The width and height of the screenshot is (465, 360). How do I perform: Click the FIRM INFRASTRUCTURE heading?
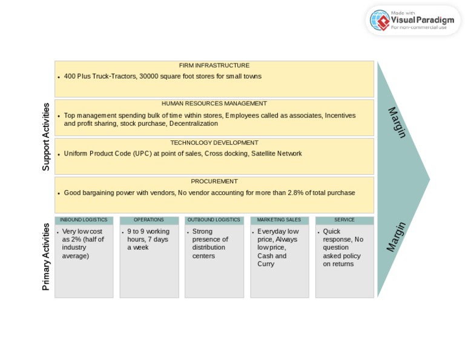[214, 65]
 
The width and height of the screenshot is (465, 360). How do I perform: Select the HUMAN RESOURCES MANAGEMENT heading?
[214, 103]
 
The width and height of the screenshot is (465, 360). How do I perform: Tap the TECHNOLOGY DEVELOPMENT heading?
[214, 143]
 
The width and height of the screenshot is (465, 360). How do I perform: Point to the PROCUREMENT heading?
[214, 182]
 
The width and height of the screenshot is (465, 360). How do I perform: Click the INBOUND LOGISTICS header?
[84, 220]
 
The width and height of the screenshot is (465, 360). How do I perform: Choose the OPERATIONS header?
[149, 220]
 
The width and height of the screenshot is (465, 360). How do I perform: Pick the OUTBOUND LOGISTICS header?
[214, 220]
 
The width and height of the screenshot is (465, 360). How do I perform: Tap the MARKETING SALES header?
[279, 220]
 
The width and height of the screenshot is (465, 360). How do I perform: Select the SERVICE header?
[345, 220]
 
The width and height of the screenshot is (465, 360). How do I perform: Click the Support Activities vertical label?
[46, 137]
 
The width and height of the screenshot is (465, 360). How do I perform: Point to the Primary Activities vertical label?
[46, 257]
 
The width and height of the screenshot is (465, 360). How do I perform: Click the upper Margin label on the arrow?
[397, 122]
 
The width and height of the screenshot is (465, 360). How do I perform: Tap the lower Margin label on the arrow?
[396, 237]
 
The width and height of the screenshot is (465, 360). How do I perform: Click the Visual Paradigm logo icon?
[380, 21]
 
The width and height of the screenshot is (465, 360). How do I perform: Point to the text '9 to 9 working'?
[148, 232]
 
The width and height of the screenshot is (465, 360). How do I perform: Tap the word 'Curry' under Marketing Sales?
[266, 264]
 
